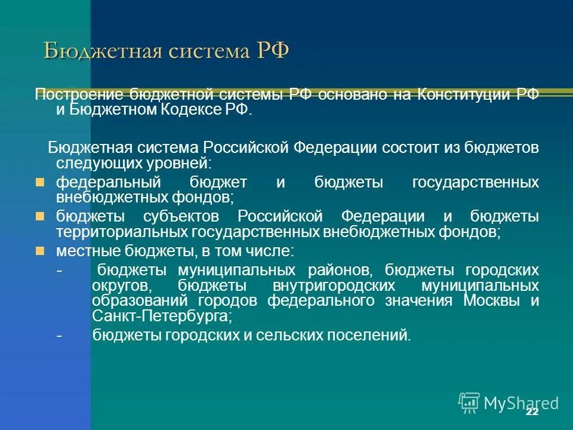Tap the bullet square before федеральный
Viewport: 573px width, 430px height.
coord(40,182)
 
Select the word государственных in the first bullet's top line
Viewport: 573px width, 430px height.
coord(475,182)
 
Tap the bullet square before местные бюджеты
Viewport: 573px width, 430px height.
coord(40,250)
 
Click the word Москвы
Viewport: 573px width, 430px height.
coord(490,300)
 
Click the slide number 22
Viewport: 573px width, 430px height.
coord(532,413)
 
